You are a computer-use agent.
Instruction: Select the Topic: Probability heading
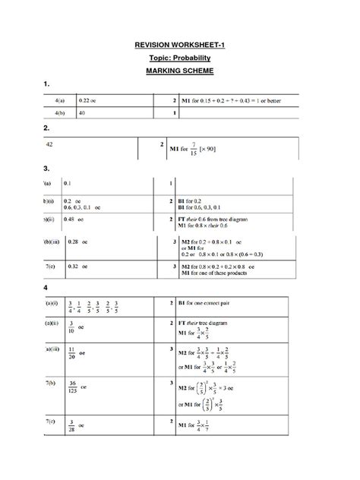coord(180,58)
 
